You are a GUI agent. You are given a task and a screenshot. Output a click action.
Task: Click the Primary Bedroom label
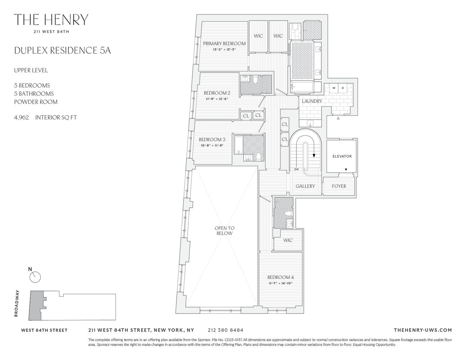pyautogui.click(x=224, y=44)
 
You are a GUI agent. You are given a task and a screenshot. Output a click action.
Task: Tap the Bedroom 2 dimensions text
pyautogui.click(x=217, y=99)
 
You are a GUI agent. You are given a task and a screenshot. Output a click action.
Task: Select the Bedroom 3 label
pyautogui.click(x=212, y=140)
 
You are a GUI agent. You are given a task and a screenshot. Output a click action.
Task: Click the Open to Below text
pyautogui.click(x=224, y=230)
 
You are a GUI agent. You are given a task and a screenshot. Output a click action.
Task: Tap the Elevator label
pyautogui.click(x=342, y=156)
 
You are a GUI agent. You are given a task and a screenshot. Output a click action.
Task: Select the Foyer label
pyautogui.click(x=339, y=186)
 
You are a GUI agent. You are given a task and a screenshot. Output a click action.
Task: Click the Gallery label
pyautogui.click(x=305, y=186)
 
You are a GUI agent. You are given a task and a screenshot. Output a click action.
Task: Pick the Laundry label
pyautogui.click(x=312, y=101)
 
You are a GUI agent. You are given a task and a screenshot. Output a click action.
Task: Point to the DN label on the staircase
pyautogui.click(x=296, y=169)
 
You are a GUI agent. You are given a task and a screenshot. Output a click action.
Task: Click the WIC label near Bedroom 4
pyautogui.click(x=288, y=240)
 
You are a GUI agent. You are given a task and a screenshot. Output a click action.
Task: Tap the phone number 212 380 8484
pyautogui.click(x=225, y=330)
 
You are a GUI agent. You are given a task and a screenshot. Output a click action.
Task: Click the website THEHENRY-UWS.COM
pyautogui.click(x=423, y=330)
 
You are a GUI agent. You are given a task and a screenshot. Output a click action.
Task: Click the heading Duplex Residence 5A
pyautogui.click(x=62, y=50)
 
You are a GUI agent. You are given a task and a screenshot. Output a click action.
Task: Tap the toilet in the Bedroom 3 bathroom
pyautogui.click(x=258, y=157)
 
